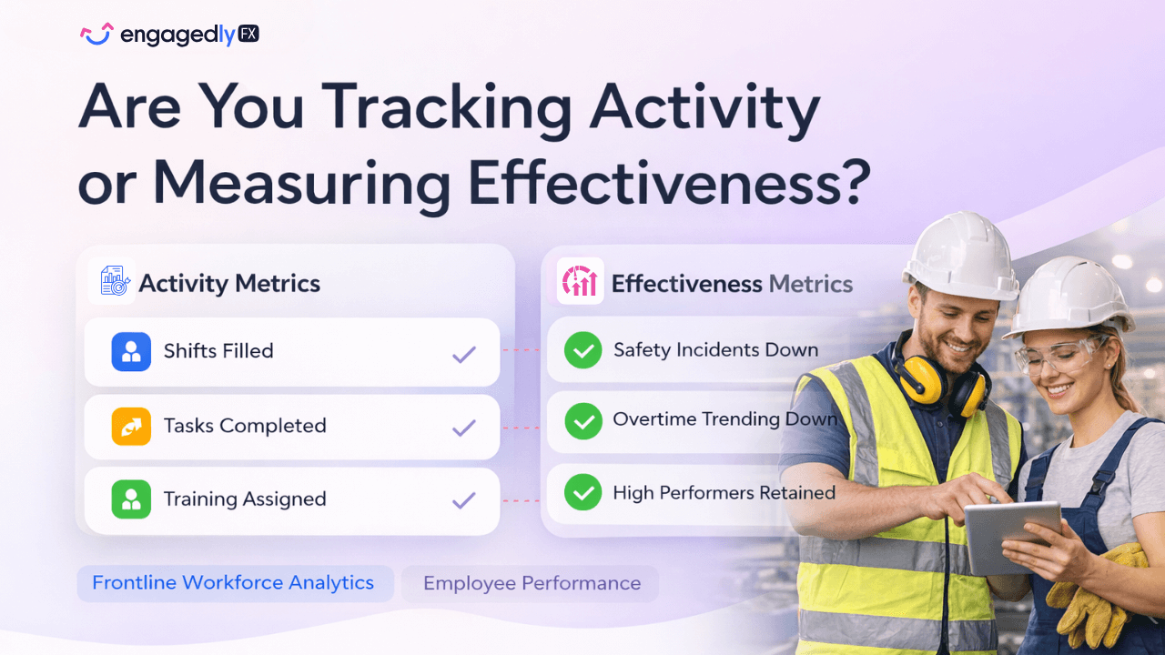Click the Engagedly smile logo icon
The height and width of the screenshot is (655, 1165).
click(x=96, y=34)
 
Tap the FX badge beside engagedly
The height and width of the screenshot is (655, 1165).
click(x=248, y=35)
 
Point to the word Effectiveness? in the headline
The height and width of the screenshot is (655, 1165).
click(x=670, y=183)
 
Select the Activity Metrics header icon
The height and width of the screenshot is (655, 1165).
click(x=113, y=281)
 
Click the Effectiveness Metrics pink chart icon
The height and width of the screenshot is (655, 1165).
click(x=580, y=281)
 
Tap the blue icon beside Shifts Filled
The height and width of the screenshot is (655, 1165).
click(x=131, y=351)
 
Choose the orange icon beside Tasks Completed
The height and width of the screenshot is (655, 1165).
click(x=131, y=426)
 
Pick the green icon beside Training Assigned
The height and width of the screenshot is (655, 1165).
click(x=131, y=499)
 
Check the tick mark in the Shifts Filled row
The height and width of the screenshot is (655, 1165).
click(x=464, y=354)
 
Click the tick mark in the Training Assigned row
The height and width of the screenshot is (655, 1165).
click(x=464, y=499)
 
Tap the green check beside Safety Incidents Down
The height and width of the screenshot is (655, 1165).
click(x=582, y=350)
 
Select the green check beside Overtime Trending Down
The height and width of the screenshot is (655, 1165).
click(x=582, y=420)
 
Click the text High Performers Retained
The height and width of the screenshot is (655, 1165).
click(x=724, y=493)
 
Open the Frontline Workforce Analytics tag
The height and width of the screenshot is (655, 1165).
click(x=234, y=583)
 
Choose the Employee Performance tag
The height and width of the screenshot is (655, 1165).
click(x=532, y=583)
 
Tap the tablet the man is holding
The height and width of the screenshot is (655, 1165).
click(x=1011, y=537)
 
